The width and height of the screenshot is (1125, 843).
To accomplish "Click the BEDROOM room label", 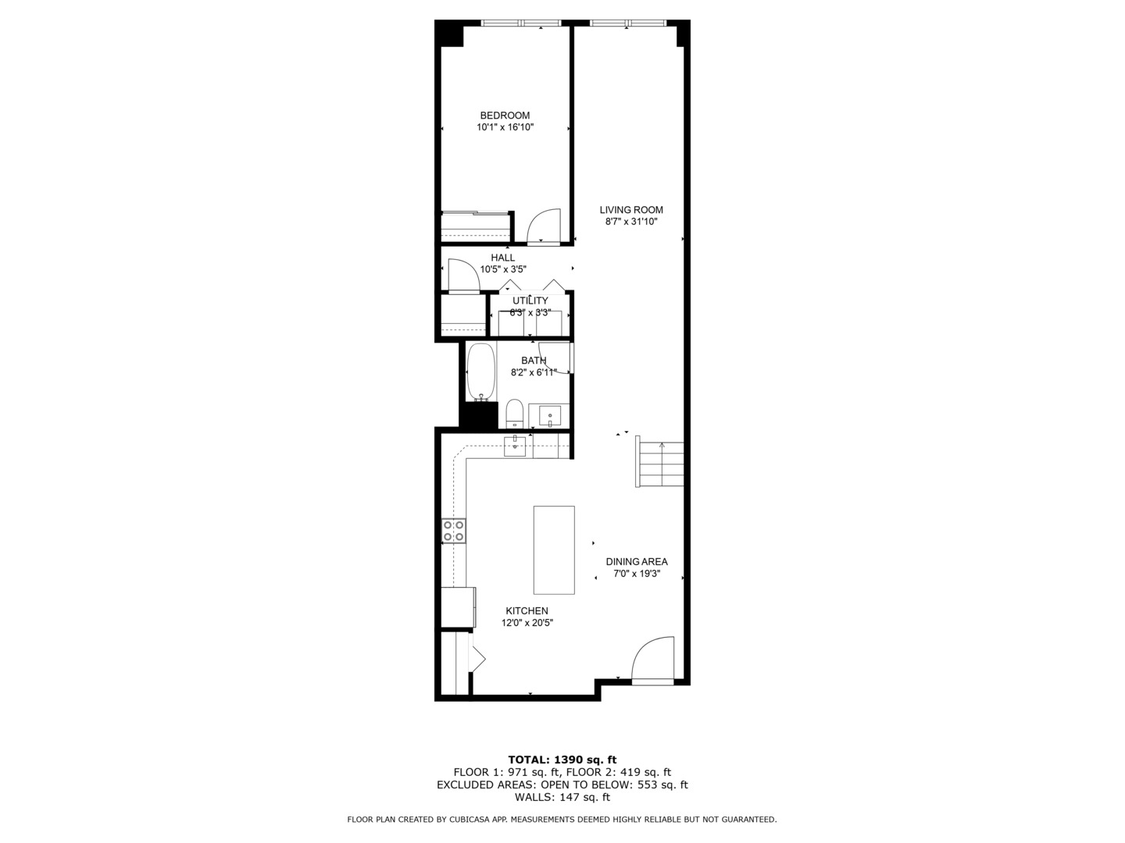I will [505, 116].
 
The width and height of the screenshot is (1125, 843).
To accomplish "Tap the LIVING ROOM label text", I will [631, 210].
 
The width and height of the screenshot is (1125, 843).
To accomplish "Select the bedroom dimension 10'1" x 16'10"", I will [505, 127].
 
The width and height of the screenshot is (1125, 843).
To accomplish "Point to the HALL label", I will [503, 258].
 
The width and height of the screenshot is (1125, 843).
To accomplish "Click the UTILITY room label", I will [530, 301].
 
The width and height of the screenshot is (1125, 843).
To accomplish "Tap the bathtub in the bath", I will [481, 372].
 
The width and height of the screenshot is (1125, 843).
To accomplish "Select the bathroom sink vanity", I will [550, 415].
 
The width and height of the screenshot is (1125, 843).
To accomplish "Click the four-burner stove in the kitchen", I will [454, 531].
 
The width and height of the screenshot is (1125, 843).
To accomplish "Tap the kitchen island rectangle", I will [554, 550].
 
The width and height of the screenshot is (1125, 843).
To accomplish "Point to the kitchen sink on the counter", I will [516, 446].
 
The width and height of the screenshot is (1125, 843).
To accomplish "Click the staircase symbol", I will [661, 462].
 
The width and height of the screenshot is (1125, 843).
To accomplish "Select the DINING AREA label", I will [637, 561].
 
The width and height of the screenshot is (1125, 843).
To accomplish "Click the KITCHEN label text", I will [527, 611].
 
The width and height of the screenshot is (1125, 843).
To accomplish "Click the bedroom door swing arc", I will [545, 227].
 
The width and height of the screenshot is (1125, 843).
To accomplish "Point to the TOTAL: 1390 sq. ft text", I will [562, 759].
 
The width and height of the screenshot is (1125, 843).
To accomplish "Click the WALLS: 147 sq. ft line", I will [562, 797].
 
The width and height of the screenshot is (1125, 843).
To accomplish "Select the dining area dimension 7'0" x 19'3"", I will [637, 574].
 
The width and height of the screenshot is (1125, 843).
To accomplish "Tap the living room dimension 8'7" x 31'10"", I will [631, 222].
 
